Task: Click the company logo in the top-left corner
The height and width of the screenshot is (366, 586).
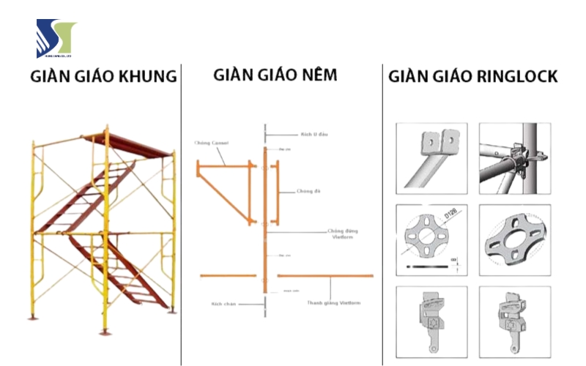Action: click(x=56, y=38)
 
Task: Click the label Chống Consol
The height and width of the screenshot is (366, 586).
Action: click(x=212, y=142)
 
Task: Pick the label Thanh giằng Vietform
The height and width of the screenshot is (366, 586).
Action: click(x=333, y=302)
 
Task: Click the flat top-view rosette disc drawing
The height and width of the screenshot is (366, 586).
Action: click(x=429, y=238)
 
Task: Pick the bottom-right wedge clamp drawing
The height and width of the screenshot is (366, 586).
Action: click(x=514, y=318)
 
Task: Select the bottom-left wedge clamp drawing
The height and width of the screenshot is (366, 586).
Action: click(x=431, y=318)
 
